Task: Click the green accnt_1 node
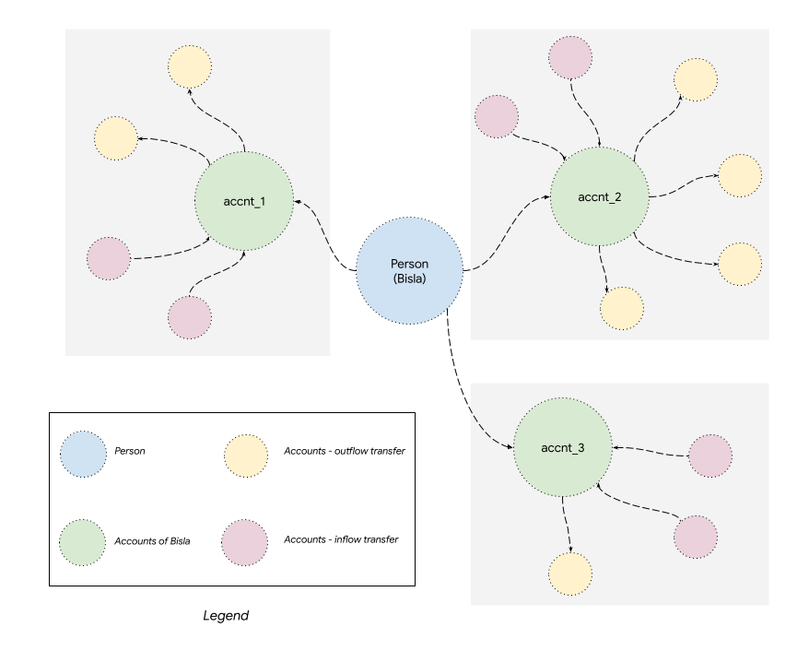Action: coord(244,201)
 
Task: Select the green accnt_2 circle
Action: coord(599,196)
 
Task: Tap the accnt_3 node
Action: coord(562,448)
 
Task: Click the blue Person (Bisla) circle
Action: coord(409,271)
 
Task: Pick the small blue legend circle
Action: coord(84,455)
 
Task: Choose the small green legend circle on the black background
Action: coord(83,542)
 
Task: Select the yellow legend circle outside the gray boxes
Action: coord(246,456)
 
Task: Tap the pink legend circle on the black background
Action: coord(245,542)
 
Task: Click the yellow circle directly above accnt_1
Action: coord(191,65)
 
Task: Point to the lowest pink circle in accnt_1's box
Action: coord(190,317)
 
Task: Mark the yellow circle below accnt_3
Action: coord(569,574)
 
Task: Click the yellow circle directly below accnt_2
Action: coord(622,308)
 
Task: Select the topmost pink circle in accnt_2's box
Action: coord(570,57)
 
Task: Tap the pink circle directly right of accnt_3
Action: coord(710,456)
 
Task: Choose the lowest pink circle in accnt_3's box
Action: coord(695,537)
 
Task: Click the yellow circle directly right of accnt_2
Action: coord(740,175)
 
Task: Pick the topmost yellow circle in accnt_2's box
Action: coord(696,79)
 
